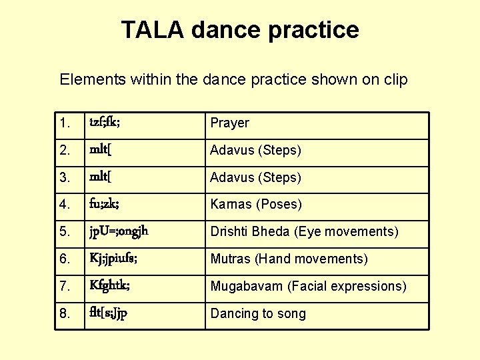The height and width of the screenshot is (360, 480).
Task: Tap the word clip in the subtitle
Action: pyautogui.click(x=396, y=80)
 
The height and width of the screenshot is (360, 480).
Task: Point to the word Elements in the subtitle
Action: pyautogui.click(x=89, y=80)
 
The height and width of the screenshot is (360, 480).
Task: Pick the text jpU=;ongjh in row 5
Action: pyautogui.click(x=119, y=232)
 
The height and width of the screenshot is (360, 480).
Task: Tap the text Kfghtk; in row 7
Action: pyautogui.click(x=109, y=286)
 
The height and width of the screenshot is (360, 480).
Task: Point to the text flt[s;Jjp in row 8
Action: pyautogui.click(x=109, y=313)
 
